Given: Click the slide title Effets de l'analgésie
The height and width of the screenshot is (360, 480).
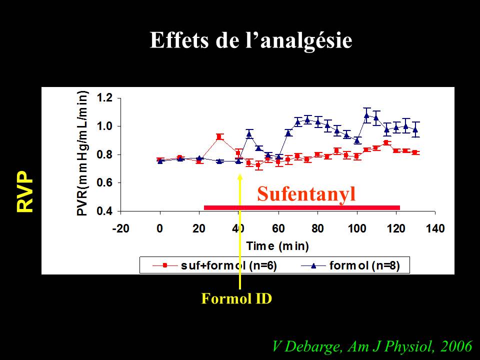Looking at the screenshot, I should point(251,40).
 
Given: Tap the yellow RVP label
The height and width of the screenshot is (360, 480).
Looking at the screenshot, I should point(25,192).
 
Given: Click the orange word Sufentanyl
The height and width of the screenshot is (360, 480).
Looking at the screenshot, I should point(306,194).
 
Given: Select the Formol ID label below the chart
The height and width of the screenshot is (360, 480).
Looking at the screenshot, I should point(236,299).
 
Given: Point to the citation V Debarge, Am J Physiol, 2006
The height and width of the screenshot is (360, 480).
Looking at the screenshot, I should point(372,346).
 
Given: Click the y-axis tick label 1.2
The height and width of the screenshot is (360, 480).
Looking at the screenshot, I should point(104,97).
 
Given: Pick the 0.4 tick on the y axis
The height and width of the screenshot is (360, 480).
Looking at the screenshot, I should point(104,211).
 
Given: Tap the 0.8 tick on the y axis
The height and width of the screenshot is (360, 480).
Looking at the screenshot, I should point(104,154).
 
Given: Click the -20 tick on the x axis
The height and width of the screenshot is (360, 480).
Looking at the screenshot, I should point(119,228).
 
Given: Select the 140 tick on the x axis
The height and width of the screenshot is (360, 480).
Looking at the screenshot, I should point(435,228).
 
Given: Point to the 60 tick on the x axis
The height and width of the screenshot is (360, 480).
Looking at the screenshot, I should point(278,228).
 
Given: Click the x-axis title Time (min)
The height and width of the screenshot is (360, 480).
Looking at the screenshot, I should point(277,246).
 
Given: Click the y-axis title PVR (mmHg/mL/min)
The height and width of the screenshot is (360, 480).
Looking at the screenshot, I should point(83,153).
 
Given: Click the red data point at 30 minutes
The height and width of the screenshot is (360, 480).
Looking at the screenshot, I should point(219,136).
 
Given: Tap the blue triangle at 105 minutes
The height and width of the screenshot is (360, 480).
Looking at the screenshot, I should point(366,115).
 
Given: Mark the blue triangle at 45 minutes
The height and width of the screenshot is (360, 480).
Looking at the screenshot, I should point(248,133).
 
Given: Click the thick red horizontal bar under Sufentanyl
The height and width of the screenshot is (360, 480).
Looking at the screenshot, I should point(302,207).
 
